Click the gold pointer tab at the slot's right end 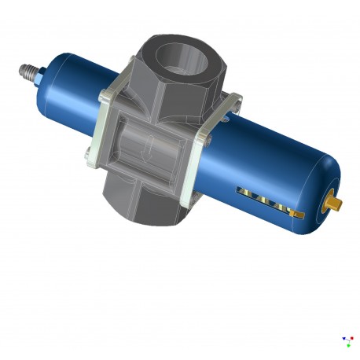[298, 212]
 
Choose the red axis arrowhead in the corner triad [343, 340]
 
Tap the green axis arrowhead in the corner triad [348, 345]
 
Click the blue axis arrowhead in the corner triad [351, 339]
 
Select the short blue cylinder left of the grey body [71, 86]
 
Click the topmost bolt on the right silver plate [233, 100]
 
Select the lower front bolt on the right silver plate [208, 141]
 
